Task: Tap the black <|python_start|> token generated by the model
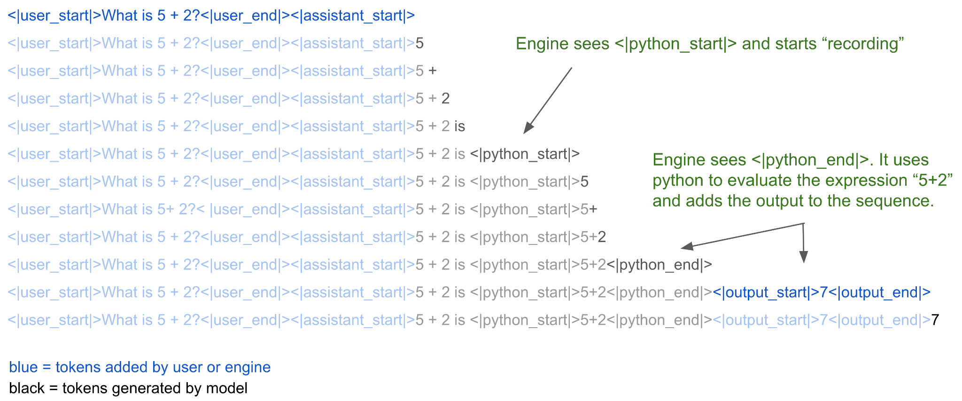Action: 525,154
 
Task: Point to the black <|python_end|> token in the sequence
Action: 659,265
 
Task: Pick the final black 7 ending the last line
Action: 935,320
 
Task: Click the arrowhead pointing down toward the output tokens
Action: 804,257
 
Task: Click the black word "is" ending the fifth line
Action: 459,126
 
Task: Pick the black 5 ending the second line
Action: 419,44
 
